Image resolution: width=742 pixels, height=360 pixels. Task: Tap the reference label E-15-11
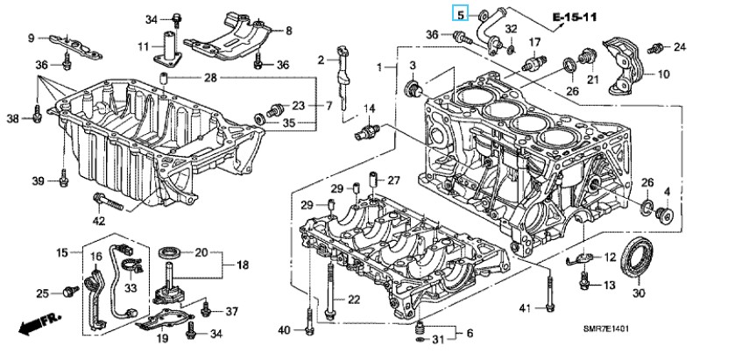[597, 17]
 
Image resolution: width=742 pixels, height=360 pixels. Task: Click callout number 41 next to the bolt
[525, 307]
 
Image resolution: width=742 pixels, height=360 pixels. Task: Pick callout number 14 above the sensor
[369, 108]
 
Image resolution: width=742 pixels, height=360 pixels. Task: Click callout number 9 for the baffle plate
[32, 38]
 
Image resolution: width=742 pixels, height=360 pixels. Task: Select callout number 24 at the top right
[679, 46]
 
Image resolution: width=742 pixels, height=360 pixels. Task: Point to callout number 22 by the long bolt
[354, 300]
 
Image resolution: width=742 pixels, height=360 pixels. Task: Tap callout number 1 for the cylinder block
[380, 67]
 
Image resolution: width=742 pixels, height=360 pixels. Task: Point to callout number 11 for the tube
[143, 46]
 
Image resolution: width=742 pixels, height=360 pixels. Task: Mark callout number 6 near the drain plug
[470, 334]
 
